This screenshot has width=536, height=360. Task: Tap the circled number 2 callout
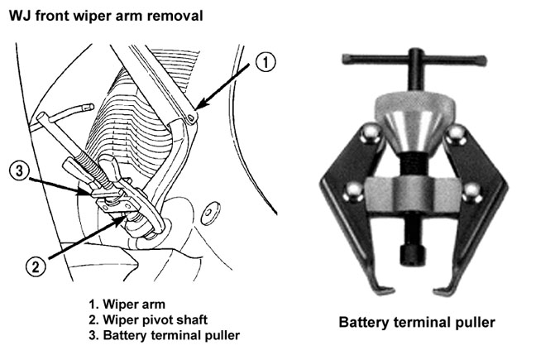click(33, 267)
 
